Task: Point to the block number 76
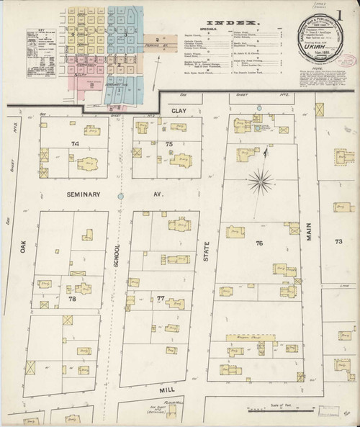258,243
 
